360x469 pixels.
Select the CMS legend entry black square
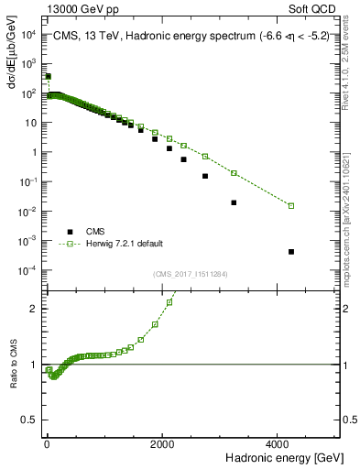(68, 231)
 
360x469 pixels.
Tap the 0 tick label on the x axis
(47, 442)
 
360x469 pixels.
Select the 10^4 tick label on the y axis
(27, 35)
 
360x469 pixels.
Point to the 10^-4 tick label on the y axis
(27, 270)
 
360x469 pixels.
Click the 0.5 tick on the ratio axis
(30, 420)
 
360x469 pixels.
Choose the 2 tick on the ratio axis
(34, 309)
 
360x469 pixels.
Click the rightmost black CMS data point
(291, 251)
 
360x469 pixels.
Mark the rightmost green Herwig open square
(291, 205)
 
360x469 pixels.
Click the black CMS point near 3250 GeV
(234, 202)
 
